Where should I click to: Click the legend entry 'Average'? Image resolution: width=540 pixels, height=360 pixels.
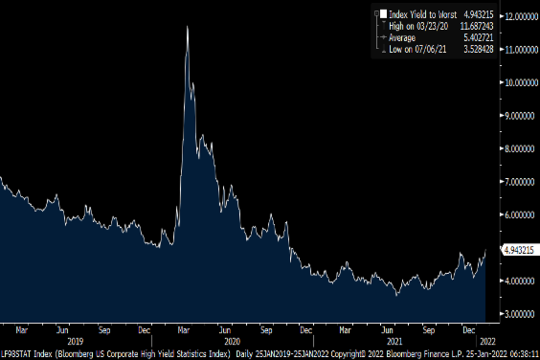(402, 38)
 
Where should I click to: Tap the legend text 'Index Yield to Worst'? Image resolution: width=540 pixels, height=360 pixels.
(423, 15)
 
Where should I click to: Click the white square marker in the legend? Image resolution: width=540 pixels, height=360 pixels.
(383, 14)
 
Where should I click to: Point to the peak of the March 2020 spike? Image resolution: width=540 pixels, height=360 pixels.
(187, 27)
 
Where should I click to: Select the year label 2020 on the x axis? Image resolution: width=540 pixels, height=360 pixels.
(232, 341)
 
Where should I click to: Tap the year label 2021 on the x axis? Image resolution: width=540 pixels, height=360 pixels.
(395, 341)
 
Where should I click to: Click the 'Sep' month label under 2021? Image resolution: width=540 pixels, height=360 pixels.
(428, 330)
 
